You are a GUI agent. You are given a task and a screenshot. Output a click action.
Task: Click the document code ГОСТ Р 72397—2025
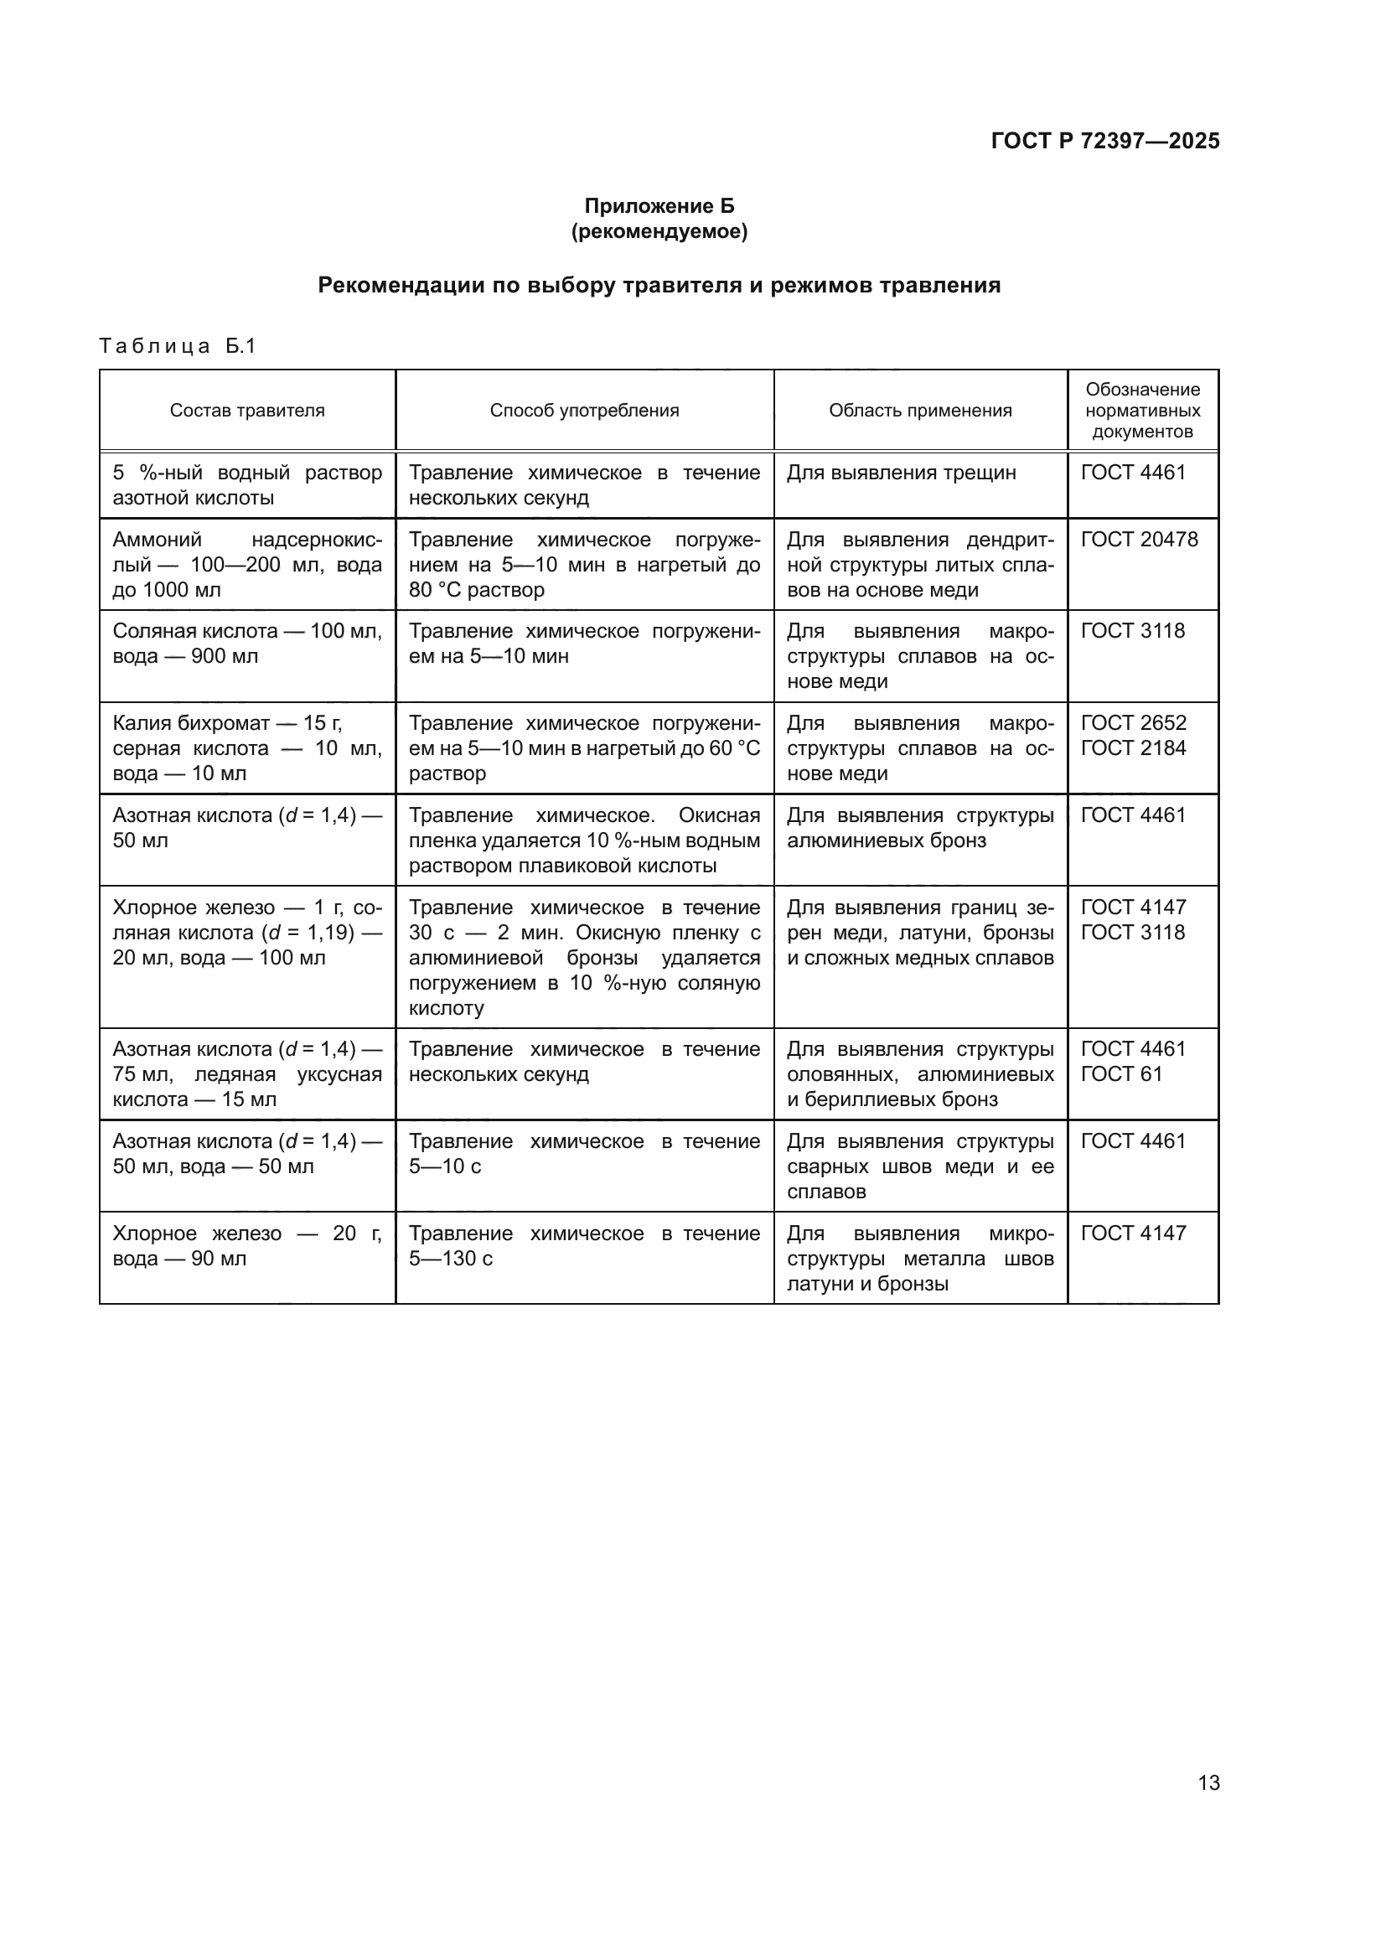coord(1105,141)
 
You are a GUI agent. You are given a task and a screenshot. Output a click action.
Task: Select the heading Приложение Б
coord(659,206)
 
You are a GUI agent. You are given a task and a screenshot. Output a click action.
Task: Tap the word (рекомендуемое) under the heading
coord(659,231)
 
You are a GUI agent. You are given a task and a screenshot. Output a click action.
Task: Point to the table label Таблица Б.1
coord(178,346)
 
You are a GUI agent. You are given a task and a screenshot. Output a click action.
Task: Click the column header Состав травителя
coord(247,411)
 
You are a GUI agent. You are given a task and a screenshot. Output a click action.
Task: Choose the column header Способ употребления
coord(585,411)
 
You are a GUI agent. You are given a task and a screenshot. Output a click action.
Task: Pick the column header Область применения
coord(920,411)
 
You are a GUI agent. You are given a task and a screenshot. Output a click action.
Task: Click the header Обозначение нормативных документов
coord(1143,411)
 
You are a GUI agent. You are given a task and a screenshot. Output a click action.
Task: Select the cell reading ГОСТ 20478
coord(1140,540)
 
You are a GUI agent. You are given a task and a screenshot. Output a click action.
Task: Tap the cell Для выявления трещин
coord(902,473)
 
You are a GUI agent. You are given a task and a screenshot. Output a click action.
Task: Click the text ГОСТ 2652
coord(1134,723)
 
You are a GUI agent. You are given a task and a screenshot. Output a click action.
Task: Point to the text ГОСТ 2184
coord(1134,748)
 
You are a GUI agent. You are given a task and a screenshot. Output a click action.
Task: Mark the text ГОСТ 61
coord(1121,1074)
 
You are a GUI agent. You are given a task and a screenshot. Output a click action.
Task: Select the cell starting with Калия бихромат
coord(247,747)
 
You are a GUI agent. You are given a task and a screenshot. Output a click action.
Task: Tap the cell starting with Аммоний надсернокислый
coord(247,564)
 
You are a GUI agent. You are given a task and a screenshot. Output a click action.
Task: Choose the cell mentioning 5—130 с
coord(585,1245)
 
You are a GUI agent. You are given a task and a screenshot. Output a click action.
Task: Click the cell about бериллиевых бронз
coord(920,1074)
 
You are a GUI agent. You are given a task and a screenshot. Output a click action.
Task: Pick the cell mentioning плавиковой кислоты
coord(585,840)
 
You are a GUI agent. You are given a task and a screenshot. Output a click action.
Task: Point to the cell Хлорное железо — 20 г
coord(247,1245)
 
